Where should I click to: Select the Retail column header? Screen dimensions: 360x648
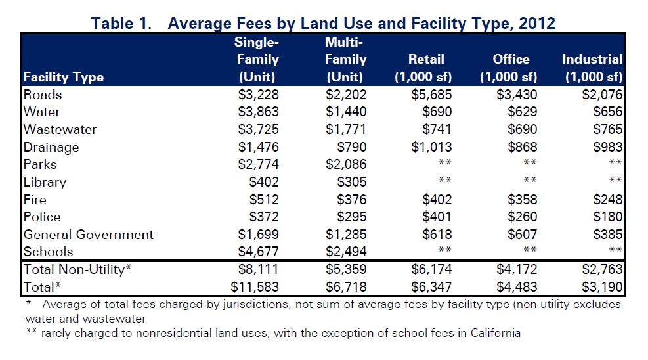pos(426,68)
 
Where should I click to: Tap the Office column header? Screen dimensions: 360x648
pos(511,68)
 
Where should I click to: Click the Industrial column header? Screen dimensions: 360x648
pos(592,68)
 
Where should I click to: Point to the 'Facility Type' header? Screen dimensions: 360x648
pos(64,77)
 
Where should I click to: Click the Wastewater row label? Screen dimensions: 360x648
pos(60,129)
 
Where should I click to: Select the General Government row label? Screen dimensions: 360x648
pos(89,235)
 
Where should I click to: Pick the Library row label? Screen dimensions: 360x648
pos(45,182)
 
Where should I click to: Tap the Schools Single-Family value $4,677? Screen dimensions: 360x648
pos(258,252)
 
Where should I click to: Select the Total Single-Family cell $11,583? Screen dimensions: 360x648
pos(255,287)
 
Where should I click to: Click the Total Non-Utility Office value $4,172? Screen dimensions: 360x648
pos(516,269)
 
